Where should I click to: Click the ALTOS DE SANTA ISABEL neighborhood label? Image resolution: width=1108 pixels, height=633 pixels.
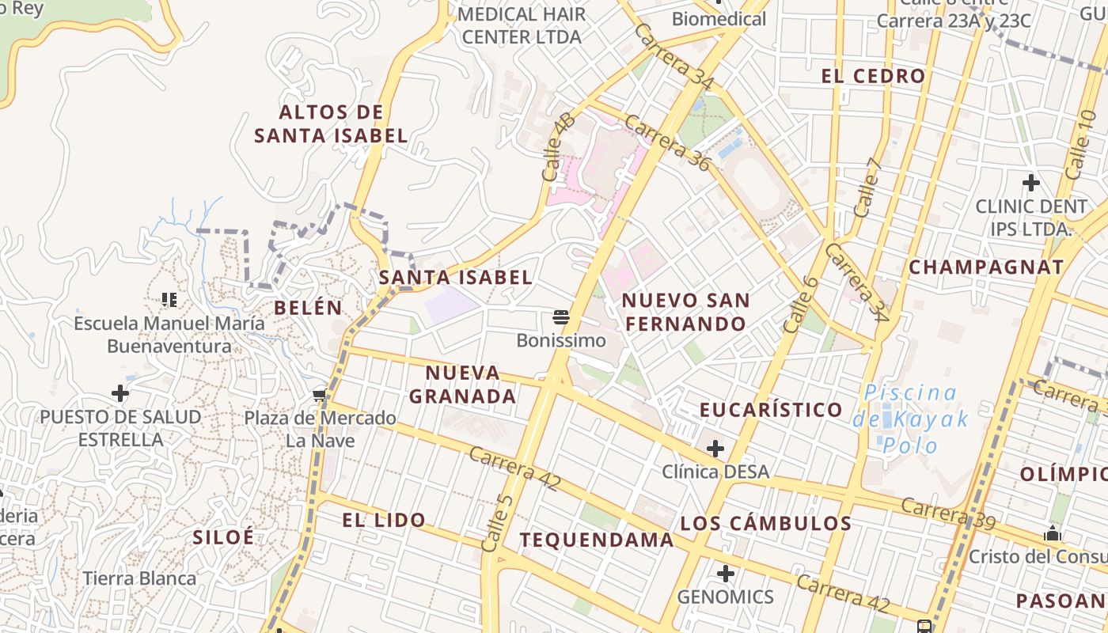pyautogui.click(x=331, y=123)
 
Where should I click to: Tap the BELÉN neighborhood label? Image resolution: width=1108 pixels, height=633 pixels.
pyautogui.click(x=309, y=308)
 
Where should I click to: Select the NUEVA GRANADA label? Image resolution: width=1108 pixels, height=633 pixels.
pyautogui.click(x=463, y=384)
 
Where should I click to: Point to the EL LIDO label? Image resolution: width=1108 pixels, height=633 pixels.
pyautogui.click(x=384, y=520)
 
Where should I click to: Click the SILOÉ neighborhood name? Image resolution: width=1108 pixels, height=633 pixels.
pyautogui.click(x=223, y=536)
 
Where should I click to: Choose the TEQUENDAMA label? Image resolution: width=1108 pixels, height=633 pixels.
pyautogui.click(x=597, y=540)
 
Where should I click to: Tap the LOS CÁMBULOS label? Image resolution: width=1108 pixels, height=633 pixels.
pyautogui.click(x=765, y=523)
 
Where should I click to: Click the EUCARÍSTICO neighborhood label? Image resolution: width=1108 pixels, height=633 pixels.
pyautogui.click(x=771, y=409)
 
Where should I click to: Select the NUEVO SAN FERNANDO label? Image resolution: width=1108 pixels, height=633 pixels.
pyautogui.click(x=685, y=312)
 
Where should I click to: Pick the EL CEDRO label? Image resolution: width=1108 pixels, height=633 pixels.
pyautogui.click(x=873, y=76)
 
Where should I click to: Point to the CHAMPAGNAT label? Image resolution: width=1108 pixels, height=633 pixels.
pyautogui.click(x=986, y=267)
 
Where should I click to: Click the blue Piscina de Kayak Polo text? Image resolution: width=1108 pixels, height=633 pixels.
pyautogui.click(x=910, y=419)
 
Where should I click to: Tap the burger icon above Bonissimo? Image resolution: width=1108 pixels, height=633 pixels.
pyautogui.click(x=561, y=318)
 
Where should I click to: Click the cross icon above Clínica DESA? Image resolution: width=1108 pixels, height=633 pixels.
pyautogui.click(x=715, y=449)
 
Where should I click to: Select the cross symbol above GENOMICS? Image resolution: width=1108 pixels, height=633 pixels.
pyautogui.click(x=725, y=574)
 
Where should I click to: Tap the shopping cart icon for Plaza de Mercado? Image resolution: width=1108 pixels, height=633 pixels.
pyautogui.click(x=320, y=395)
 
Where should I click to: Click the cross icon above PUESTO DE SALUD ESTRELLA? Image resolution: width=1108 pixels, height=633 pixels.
pyautogui.click(x=120, y=392)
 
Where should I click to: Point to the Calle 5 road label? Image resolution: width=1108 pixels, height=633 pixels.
pyautogui.click(x=497, y=522)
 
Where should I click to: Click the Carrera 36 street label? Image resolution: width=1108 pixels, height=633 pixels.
pyautogui.click(x=667, y=142)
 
